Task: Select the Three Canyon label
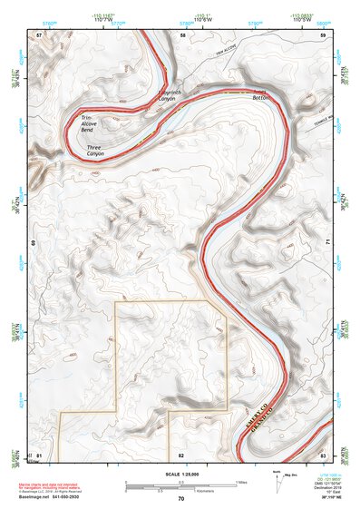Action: [96, 151]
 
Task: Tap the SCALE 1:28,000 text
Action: [180, 471]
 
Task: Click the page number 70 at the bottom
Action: [180, 498]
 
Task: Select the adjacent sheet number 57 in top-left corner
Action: [39, 34]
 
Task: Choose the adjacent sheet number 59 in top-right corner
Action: [322, 34]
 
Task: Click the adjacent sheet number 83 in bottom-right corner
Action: [322, 454]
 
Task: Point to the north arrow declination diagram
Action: [280, 480]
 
